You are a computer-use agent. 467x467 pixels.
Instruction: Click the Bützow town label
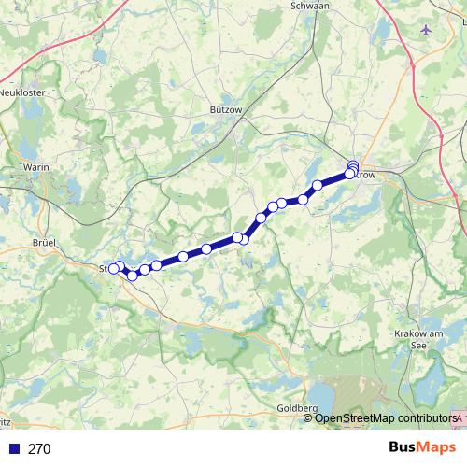[227, 109]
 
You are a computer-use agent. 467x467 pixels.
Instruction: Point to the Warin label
[35, 167]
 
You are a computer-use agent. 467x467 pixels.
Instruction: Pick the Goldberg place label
[298, 408]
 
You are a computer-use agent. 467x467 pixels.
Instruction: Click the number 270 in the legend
[39, 448]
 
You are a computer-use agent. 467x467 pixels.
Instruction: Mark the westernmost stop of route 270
[114, 268]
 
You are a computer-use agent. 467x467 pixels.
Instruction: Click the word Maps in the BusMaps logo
[435, 447]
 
